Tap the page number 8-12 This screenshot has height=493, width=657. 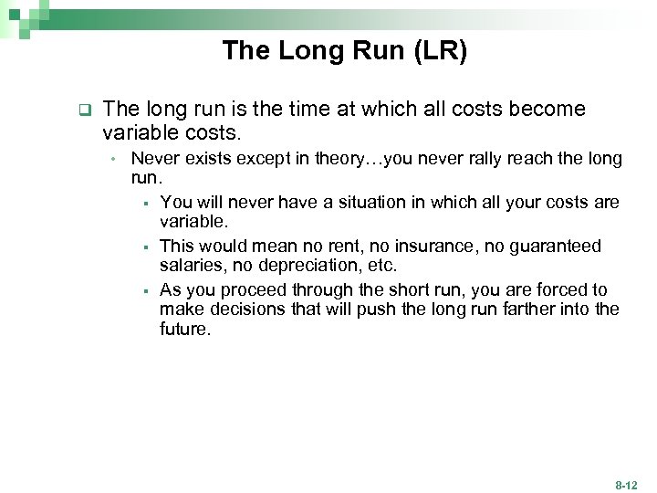(627, 485)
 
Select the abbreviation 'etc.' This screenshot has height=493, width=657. (379, 265)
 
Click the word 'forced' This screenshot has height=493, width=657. (546, 290)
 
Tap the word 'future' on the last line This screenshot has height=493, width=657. (183, 329)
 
